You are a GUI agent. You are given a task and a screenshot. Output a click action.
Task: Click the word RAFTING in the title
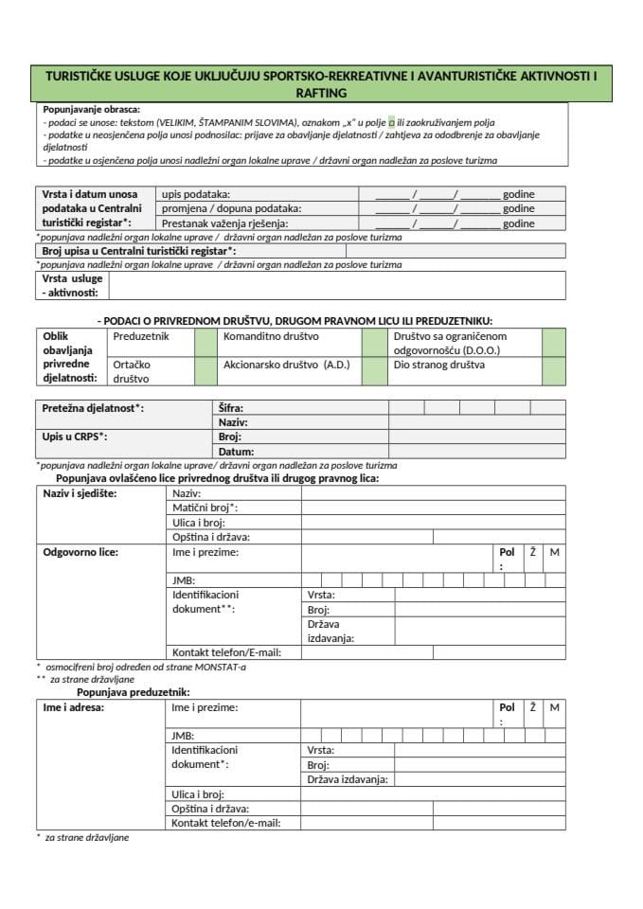pos(321,93)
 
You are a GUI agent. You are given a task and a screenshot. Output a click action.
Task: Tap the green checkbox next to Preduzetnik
pos(205,342)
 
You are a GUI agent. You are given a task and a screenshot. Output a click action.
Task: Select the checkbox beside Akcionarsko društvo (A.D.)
pos(375,370)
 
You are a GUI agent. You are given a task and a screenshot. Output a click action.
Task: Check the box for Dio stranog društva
pos(554,370)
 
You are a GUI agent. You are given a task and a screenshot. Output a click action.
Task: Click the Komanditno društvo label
pos(271,336)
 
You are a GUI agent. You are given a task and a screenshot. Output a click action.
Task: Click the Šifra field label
pos(231,408)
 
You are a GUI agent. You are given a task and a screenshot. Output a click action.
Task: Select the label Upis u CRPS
pos(75,437)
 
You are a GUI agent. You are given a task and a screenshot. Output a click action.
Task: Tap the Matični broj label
pos(205,508)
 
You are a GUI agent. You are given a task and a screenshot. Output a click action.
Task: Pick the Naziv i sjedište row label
pos(86,493)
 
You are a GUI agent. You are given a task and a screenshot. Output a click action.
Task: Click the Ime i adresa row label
pos(74,707)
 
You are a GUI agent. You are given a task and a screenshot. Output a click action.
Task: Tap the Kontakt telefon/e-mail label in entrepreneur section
pos(225,823)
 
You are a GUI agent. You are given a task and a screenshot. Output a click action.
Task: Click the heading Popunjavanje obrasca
pos(92,109)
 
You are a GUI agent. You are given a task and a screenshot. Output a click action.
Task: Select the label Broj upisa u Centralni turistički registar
pos(139,251)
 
